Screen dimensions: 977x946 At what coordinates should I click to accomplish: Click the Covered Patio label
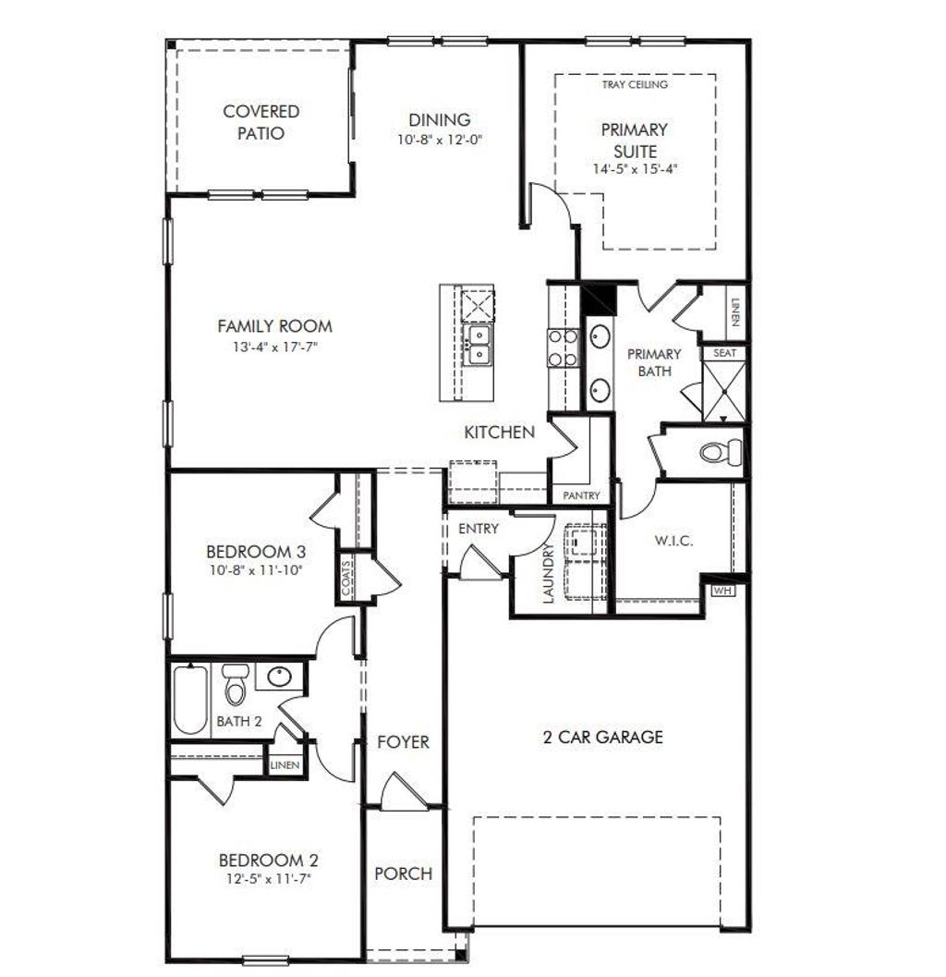point(261,122)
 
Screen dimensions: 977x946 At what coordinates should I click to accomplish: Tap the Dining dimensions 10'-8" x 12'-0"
point(440,140)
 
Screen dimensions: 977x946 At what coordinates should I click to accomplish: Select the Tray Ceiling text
point(635,84)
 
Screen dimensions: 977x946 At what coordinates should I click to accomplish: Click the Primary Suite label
point(634,140)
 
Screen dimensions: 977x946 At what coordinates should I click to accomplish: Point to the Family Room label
point(274,326)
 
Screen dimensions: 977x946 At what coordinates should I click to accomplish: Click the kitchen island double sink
point(479,344)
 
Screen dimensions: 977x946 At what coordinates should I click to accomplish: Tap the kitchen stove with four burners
point(563,348)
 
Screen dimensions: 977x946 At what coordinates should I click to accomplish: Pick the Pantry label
point(581,496)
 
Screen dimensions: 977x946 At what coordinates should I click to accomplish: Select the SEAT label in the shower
point(723,353)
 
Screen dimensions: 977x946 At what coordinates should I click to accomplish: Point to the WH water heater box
point(722,591)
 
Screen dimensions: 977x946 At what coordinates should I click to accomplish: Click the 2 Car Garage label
point(602,737)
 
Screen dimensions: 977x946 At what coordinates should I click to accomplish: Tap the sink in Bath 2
point(276,678)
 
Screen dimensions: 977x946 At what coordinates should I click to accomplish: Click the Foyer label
point(403,742)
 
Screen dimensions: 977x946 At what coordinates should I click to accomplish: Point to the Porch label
point(403,873)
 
